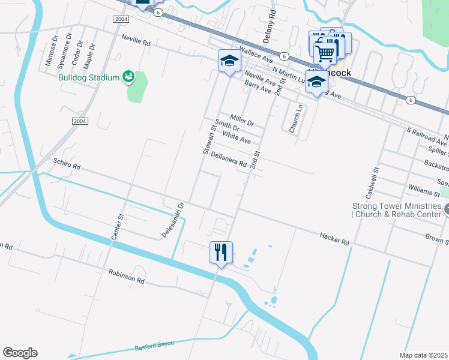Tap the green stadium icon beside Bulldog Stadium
coord(127,76)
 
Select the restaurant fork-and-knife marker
coord(221,253)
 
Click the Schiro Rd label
coord(66,163)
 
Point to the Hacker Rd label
coord(334,238)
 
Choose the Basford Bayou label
coord(154,345)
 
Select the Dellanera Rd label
coord(229,160)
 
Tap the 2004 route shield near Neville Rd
coord(121,19)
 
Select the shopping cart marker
coord(325,53)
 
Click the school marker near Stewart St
coord(229,61)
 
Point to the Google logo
coord(20,353)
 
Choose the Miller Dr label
coord(243,118)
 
